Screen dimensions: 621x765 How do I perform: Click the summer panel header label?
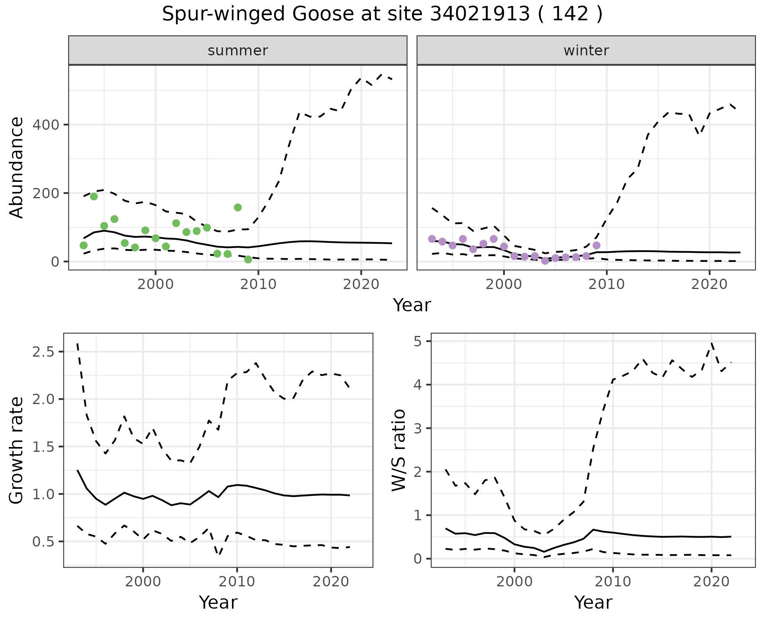[238, 51]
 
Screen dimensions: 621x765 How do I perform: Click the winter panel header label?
[586, 51]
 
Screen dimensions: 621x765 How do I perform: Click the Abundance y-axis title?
[17, 168]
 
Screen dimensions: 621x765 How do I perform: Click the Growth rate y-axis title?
[17, 450]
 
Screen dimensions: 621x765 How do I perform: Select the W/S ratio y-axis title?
[399, 450]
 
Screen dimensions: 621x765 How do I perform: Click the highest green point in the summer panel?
[94, 196]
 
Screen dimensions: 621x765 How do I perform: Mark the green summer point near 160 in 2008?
[238, 207]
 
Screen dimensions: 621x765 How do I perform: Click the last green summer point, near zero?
[248, 260]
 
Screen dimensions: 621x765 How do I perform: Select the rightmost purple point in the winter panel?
[596, 245]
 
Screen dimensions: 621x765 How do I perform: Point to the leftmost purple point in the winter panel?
[432, 239]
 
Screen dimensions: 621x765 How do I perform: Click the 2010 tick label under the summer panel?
[259, 285]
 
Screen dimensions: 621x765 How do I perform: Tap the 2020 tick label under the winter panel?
[709, 285]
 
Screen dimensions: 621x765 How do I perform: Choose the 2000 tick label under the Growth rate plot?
[143, 582]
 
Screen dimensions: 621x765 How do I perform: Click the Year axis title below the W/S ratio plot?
[593, 603]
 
